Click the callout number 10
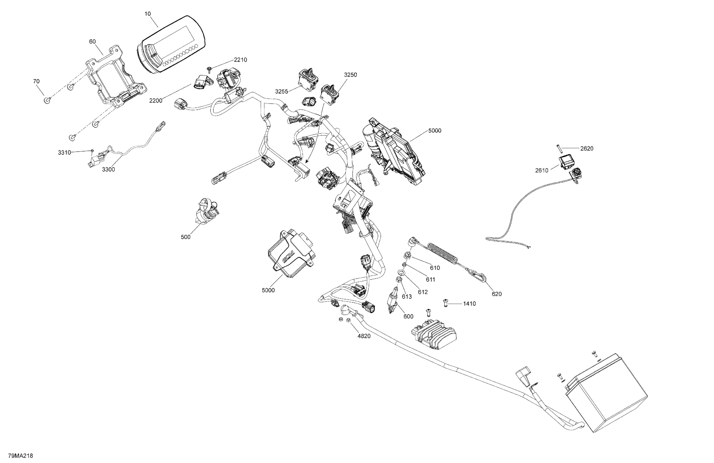148,14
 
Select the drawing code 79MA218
20,456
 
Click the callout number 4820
364,336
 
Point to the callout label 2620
587,148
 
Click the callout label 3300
108,169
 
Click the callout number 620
496,294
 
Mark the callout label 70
36,81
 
